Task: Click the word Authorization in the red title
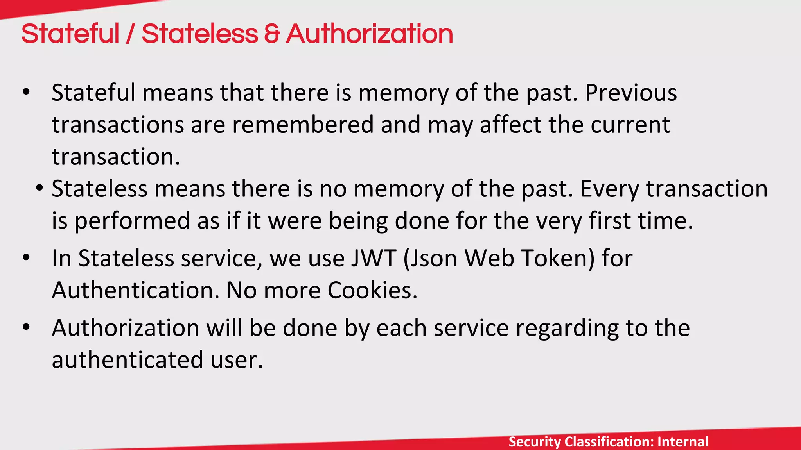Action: pyautogui.click(x=369, y=34)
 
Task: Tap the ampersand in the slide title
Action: pyautogui.click(x=272, y=34)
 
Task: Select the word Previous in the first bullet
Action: pyautogui.click(x=631, y=93)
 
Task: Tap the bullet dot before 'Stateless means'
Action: pyautogui.click(x=39, y=189)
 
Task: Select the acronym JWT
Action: pyautogui.click(x=374, y=259)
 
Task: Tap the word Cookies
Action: pyautogui.click(x=372, y=291)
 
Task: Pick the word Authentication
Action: pyautogui.click(x=135, y=291)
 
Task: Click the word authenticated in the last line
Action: pyautogui.click(x=128, y=360)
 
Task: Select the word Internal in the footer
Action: pyautogui.click(x=683, y=442)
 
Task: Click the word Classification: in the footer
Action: pyautogui.click(x=609, y=442)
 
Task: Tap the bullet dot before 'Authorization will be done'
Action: pyautogui.click(x=26, y=327)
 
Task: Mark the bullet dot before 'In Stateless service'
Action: pyautogui.click(x=26, y=258)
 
